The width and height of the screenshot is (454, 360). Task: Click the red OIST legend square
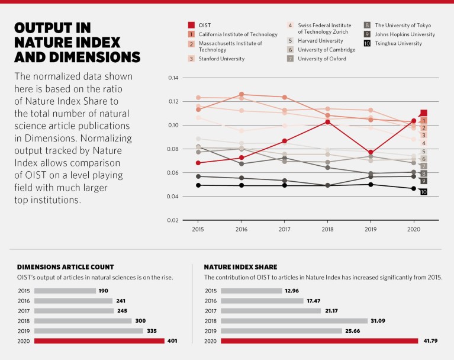click(191, 25)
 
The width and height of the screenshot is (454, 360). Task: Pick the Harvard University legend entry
click(320, 41)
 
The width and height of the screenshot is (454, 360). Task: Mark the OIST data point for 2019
click(371, 153)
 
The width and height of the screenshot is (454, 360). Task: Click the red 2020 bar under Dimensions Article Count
click(99, 341)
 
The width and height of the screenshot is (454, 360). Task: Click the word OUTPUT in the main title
click(52, 28)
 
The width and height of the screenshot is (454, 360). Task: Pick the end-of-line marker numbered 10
click(423, 192)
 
